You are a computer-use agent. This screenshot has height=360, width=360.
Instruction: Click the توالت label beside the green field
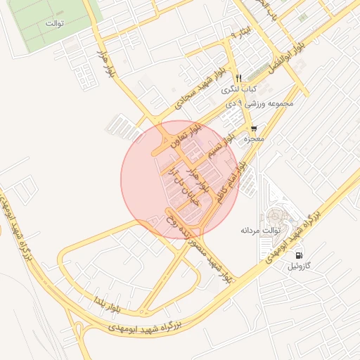pos(55,23)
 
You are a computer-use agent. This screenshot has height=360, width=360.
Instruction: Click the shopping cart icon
pos(253,129)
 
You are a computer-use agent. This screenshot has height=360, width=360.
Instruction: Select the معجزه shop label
pos(253,140)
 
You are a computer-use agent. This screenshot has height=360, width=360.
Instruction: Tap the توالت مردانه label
pos(261,230)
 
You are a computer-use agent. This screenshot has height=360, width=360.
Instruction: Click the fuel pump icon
pos(300,255)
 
